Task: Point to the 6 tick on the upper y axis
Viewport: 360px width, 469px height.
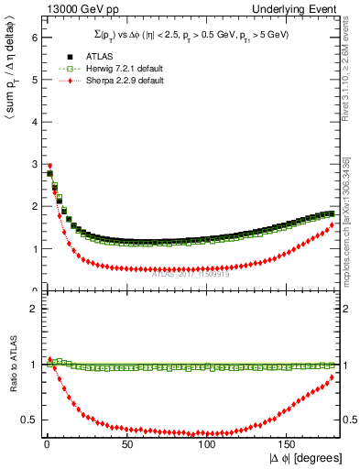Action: (x=33, y=38)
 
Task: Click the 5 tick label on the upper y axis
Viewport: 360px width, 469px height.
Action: (x=33, y=80)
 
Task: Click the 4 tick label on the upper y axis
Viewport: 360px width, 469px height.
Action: (x=33, y=122)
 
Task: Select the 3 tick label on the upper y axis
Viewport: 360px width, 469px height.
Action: (x=33, y=164)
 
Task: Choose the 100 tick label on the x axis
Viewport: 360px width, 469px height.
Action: (x=206, y=442)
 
